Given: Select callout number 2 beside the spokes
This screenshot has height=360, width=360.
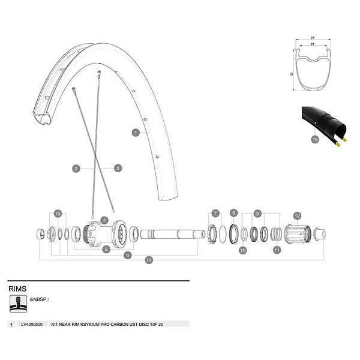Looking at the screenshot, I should click(76, 169).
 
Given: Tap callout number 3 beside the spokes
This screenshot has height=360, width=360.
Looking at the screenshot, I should click(118, 168).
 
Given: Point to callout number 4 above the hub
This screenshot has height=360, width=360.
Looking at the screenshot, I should click(104, 220).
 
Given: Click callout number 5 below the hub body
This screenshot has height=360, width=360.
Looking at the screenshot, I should click(106, 248).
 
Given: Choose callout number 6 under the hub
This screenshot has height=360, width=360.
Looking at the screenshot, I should click(127, 255).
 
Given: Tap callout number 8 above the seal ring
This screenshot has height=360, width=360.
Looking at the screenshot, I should click(234, 213).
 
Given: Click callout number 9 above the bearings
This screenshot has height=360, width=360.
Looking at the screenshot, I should click(258, 213).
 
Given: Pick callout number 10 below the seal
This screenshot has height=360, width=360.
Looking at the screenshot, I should click(242, 250).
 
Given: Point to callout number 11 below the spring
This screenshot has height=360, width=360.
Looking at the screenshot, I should click(277, 250).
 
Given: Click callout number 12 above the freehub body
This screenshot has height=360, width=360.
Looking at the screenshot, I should click(296, 215).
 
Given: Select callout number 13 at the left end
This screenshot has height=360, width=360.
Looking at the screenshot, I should click(58, 213).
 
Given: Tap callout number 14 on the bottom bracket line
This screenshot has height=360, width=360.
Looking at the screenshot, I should click(149, 260).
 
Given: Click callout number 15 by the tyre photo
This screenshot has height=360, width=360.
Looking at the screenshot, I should click(314, 139).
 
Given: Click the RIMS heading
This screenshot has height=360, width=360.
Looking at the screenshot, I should click(19, 289).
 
